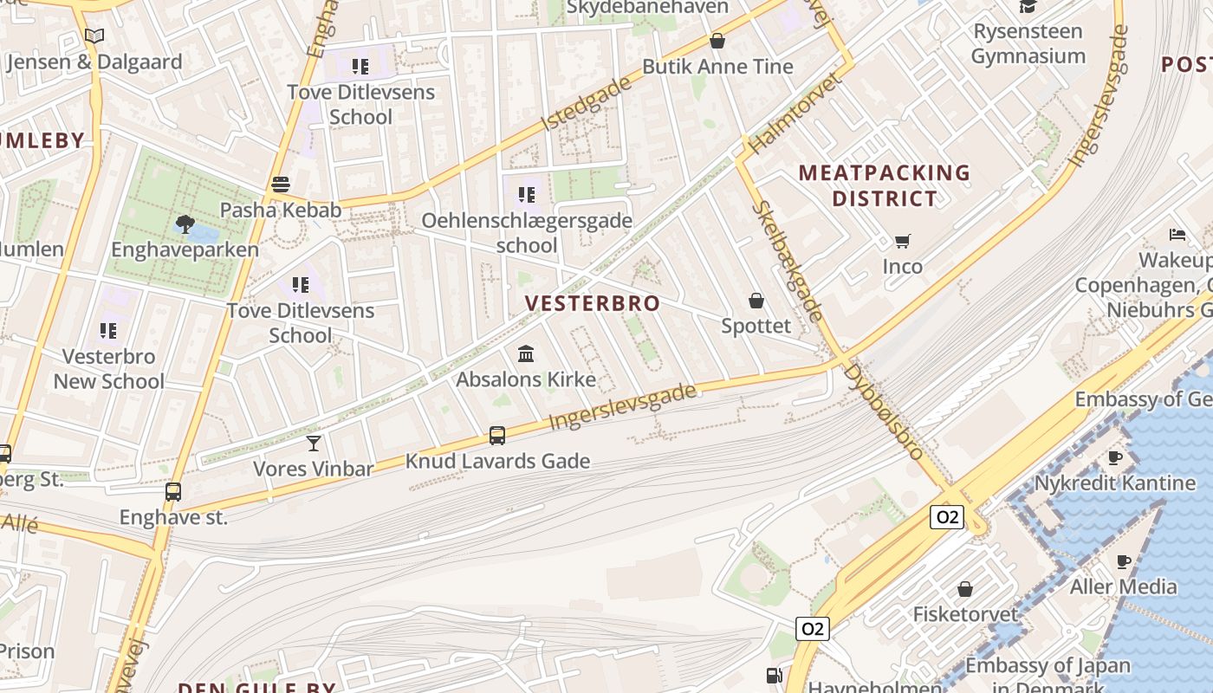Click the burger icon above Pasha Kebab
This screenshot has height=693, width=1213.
click(x=280, y=185)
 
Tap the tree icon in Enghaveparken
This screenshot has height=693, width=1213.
click(x=185, y=224)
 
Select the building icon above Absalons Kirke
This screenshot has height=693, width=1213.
click(x=525, y=353)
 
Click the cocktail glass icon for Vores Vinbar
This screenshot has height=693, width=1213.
click(x=314, y=444)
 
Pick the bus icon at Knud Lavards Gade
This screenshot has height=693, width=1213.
click(x=497, y=435)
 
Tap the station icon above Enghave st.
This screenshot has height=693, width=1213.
click(x=173, y=492)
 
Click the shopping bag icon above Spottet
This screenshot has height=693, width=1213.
click(x=756, y=301)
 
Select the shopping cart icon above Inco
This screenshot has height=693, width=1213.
click(x=903, y=241)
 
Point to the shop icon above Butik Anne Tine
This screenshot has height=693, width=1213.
click(x=717, y=41)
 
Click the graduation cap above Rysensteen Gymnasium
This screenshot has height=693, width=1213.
click(x=1028, y=6)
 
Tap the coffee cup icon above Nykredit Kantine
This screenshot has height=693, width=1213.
click(x=1115, y=457)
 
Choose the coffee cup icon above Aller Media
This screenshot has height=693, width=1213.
click(x=1124, y=561)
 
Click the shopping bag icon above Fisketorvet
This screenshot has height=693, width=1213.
click(x=965, y=589)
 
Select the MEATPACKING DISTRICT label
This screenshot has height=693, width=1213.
click(x=885, y=185)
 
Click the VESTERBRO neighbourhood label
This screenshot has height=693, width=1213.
click(x=593, y=303)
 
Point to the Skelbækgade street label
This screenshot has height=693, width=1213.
click(x=787, y=261)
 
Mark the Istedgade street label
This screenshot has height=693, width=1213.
click(x=586, y=104)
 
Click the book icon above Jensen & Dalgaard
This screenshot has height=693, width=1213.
click(x=94, y=36)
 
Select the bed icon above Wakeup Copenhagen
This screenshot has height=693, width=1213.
click(x=1177, y=234)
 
